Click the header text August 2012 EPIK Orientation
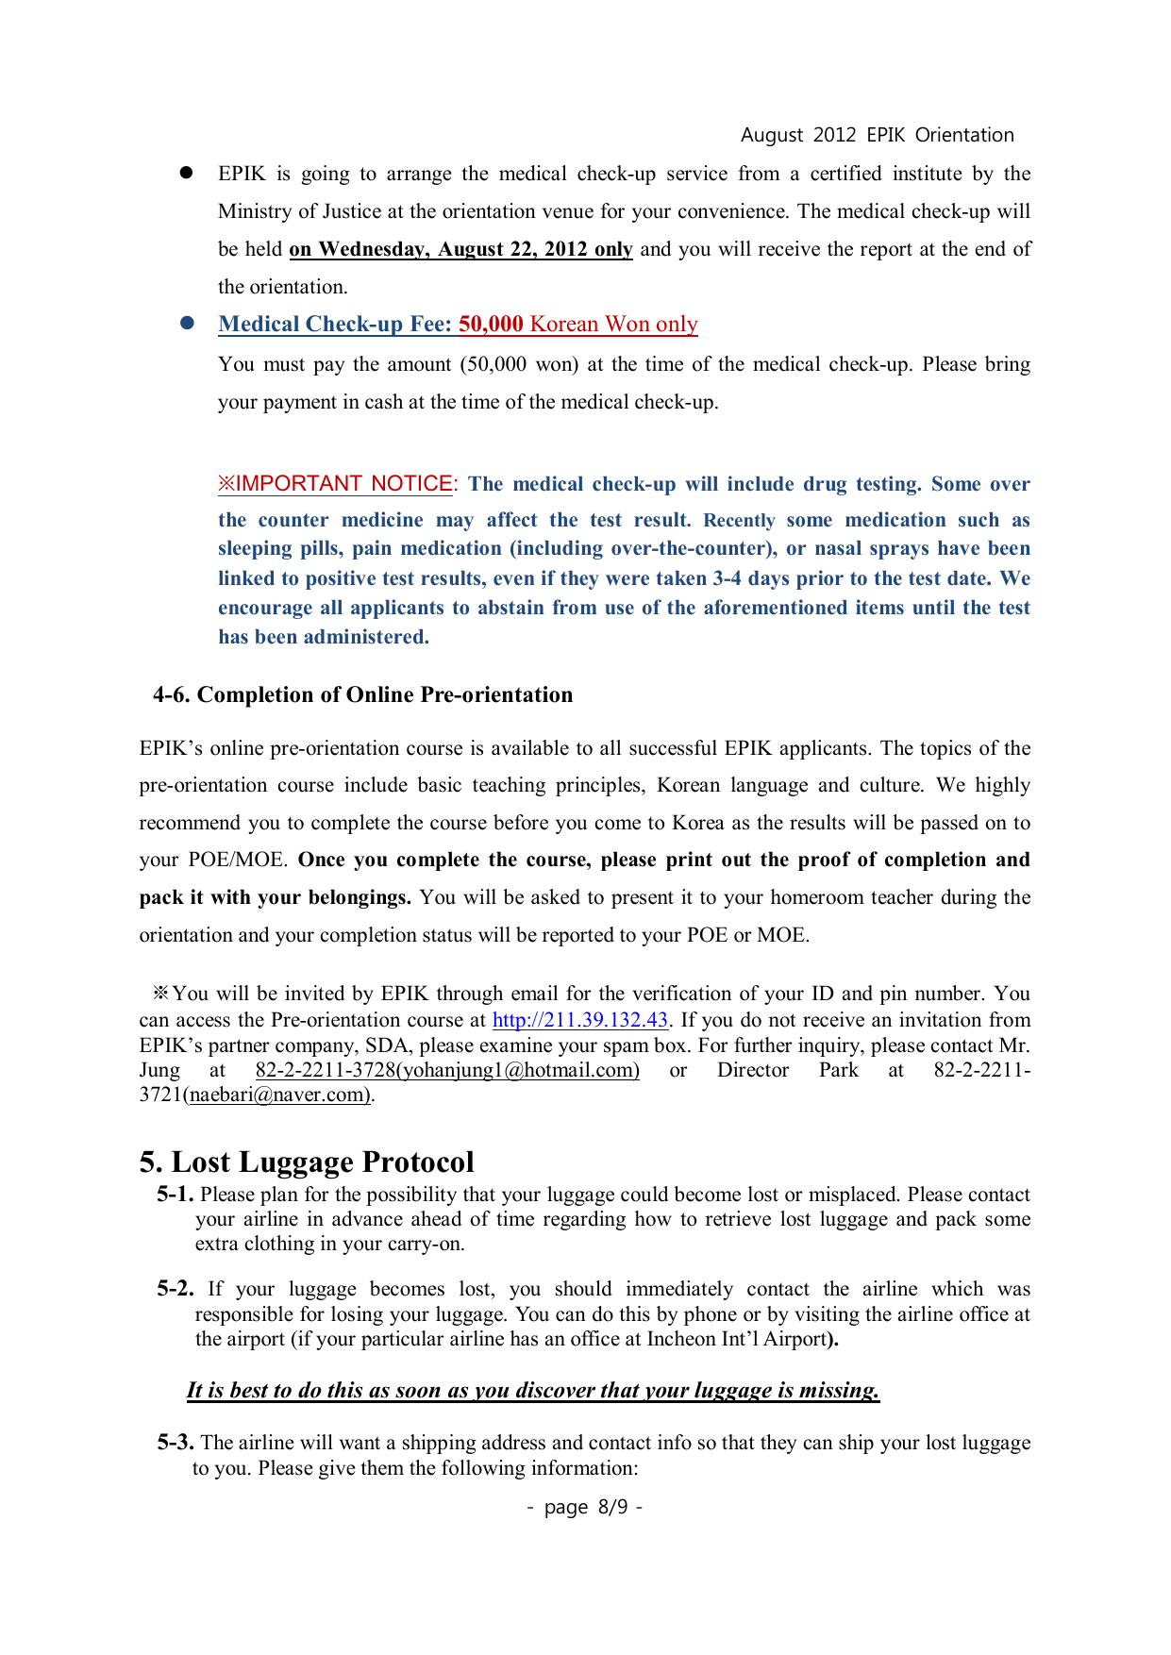tap(877, 135)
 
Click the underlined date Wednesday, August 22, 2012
tap(460, 249)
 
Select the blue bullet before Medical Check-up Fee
tap(187, 323)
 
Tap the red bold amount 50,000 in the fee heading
tap(491, 324)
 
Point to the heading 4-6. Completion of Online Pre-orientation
tap(362, 694)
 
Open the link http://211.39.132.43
tap(580, 1020)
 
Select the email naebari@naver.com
tap(279, 1095)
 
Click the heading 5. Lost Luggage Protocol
tap(307, 1162)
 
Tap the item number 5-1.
tap(175, 1195)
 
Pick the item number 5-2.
tap(175, 1289)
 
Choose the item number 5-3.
tap(175, 1443)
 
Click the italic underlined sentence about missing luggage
tap(532, 1390)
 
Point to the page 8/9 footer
tap(585, 1507)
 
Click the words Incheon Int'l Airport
tap(736, 1339)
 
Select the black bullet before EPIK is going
tap(187, 173)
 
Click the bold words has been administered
tap(324, 637)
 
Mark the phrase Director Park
tap(787, 1070)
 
